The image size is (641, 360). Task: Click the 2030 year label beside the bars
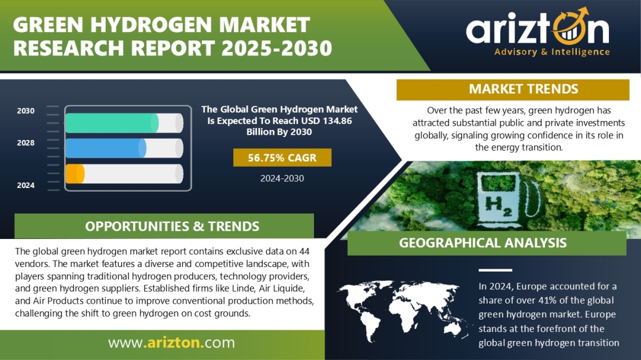pyautogui.click(x=26, y=111)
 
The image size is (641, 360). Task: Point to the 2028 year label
pyautogui.click(x=26, y=142)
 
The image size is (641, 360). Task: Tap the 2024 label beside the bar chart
pyautogui.click(x=26, y=185)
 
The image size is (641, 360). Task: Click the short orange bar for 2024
pyautogui.click(x=75, y=174)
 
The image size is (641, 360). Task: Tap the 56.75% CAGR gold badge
pyautogui.click(x=282, y=158)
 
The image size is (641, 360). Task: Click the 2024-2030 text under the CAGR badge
pyautogui.click(x=282, y=178)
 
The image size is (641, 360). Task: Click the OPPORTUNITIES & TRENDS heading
pyautogui.click(x=172, y=227)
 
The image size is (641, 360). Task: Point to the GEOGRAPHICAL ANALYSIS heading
pyautogui.click(x=483, y=243)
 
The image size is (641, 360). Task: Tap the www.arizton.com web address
pyautogui.click(x=172, y=342)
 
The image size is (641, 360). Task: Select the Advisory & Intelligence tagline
pyautogui.click(x=552, y=52)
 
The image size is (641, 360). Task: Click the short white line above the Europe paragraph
pyautogui.click(x=495, y=270)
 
